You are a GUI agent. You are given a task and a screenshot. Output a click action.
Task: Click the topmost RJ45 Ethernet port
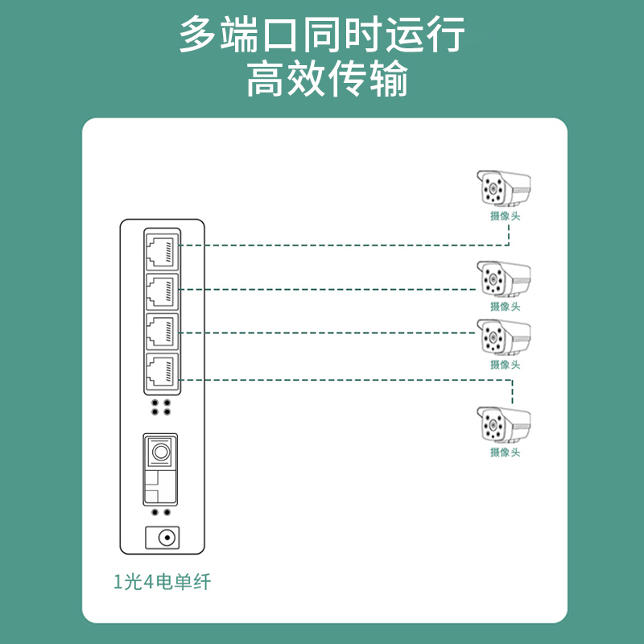[x=163, y=251]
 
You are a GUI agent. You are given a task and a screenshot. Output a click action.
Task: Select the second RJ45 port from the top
[x=163, y=291]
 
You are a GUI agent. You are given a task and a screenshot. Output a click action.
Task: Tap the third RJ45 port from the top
[x=163, y=331]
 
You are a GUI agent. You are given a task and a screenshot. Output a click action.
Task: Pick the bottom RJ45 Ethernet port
[x=163, y=371]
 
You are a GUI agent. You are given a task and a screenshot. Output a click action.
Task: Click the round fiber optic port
[x=160, y=452]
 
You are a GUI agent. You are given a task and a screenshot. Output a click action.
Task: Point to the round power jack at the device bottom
[x=167, y=538]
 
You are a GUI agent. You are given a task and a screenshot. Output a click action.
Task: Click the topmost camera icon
[x=504, y=188]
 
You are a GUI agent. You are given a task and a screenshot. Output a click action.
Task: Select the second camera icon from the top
[x=504, y=279]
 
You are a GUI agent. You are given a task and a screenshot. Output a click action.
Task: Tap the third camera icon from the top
[x=504, y=337]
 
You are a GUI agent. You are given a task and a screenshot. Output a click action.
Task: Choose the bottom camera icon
[x=504, y=425]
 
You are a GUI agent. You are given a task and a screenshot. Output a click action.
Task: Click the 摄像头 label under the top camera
[x=506, y=216]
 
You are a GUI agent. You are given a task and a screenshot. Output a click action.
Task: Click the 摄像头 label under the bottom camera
[x=506, y=452]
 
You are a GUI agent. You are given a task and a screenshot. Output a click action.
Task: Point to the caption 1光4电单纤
[x=163, y=581]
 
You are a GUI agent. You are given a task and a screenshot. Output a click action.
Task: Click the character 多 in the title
[x=198, y=34]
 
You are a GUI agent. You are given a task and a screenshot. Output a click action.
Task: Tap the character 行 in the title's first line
[x=446, y=34]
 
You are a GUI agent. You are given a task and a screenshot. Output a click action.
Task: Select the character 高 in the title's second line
[x=265, y=78]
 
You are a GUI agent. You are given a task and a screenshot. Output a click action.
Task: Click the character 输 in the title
[x=389, y=78]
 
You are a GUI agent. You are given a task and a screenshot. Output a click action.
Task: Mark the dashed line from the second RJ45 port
[x=328, y=290]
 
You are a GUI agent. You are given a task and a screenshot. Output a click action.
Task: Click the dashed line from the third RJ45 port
[x=328, y=332]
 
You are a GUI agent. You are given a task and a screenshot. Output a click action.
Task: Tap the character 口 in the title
[x=280, y=35]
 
